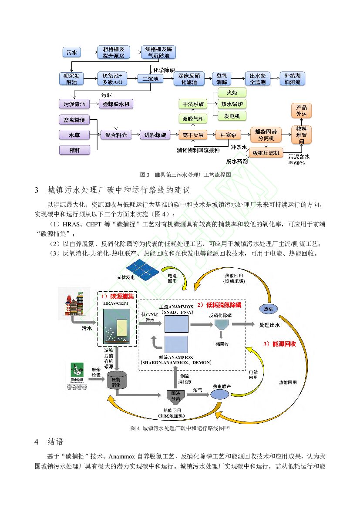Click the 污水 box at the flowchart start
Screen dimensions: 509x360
[x=72, y=53]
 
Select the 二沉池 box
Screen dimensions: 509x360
[x=150, y=79]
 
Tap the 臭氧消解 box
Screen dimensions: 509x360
[x=222, y=79]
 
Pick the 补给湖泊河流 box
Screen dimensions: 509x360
[x=292, y=79]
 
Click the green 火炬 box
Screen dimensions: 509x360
[x=232, y=93]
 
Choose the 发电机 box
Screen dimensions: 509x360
[x=232, y=116]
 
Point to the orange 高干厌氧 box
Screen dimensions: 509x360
[x=192, y=135]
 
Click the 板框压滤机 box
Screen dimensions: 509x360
[x=265, y=153]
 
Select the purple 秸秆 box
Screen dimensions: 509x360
[x=74, y=150]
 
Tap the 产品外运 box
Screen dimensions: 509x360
[x=301, y=111]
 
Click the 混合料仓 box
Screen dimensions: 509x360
[x=116, y=135]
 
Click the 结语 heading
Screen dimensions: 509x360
[x=55, y=442]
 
